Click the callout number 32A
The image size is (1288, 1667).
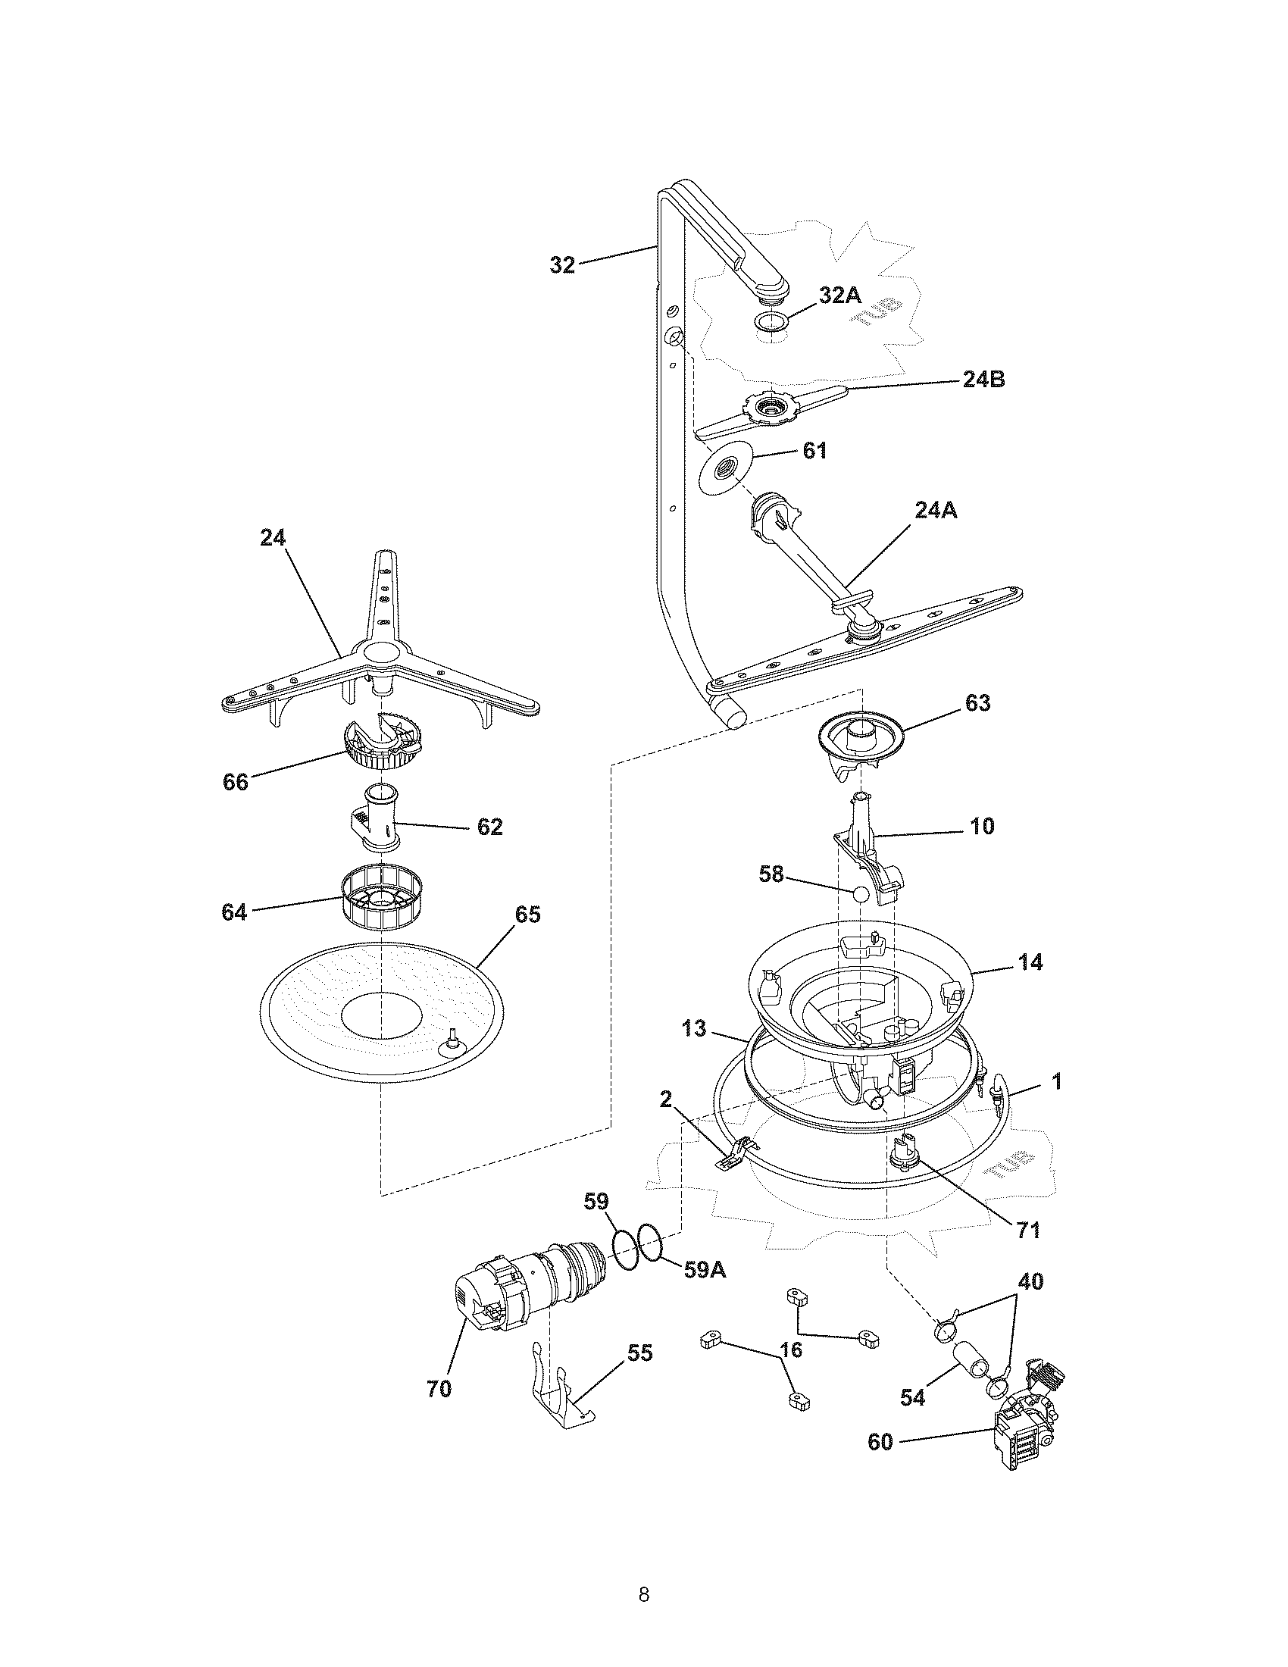tap(840, 296)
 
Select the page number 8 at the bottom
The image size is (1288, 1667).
tap(643, 1573)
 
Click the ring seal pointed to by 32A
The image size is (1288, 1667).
tap(772, 321)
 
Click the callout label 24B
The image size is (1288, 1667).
tap(983, 380)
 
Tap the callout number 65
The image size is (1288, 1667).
tap(527, 914)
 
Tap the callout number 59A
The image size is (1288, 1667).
tap(704, 1269)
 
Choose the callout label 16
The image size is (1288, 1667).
tap(791, 1350)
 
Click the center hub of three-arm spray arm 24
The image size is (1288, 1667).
tap(380, 652)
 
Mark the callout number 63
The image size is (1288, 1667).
tap(977, 703)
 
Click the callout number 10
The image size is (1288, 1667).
tap(982, 826)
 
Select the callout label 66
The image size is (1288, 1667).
tap(236, 782)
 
